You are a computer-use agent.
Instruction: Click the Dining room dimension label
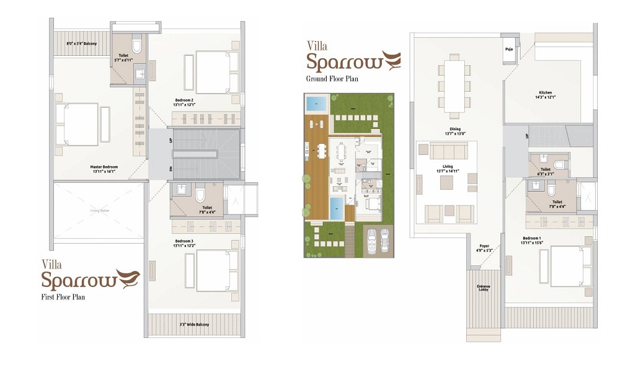click(x=455, y=133)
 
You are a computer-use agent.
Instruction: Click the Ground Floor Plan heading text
click(x=332, y=79)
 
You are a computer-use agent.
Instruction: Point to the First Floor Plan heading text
click(x=63, y=297)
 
